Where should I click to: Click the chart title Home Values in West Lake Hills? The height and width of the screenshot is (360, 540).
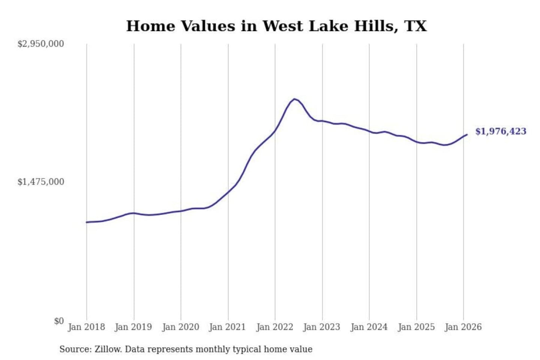click(x=276, y=26)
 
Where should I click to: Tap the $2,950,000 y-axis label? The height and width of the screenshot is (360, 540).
click(x=41, y=44)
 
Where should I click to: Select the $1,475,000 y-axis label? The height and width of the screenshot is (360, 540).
click(x=41, y=182)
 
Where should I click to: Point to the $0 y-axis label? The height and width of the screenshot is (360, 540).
click(x=59, y=321)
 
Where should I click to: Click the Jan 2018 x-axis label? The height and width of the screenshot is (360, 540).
click(x=86, y=327)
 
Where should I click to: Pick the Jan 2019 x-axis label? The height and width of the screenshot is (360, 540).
click(x=133, y=327)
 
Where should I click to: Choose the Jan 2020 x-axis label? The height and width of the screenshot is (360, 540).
click(x=180, y=327)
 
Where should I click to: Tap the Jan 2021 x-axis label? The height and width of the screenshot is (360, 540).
click(x=227, y=327)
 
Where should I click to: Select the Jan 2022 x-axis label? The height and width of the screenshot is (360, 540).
click(x=274, y=327)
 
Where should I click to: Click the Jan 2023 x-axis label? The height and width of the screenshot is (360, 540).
click(x=321, y=327)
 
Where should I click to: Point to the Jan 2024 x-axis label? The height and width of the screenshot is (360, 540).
click(x=369, y=327)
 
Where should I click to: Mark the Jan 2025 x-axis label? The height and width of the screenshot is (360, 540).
click(x=416, y=327)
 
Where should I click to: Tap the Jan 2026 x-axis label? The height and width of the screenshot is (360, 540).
click(x=463, y=327)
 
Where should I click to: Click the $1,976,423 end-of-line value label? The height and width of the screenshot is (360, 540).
click(x=501, y=131)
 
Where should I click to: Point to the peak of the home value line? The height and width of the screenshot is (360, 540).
click(x=295, y=99)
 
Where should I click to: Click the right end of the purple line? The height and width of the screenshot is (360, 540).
click(x=467, y=134)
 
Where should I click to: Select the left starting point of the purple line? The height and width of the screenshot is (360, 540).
click(x=87, y=222)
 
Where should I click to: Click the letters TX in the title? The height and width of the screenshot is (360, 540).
click(x=415, y=26)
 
